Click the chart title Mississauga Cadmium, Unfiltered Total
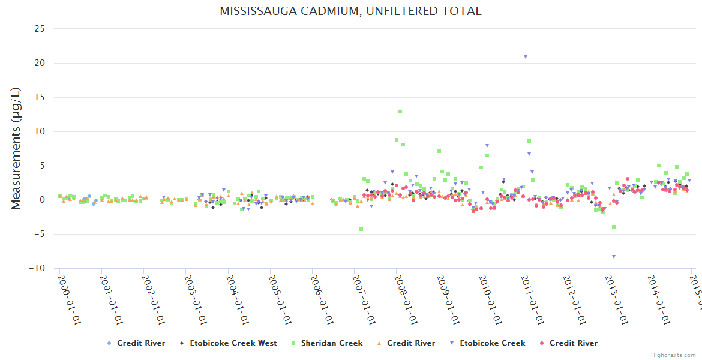coord(350,11)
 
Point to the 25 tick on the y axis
coord(40,29)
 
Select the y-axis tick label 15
coord(40,97)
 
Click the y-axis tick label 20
coord(40,63)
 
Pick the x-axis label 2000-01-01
coord(69,299)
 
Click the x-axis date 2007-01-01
coord(364,299)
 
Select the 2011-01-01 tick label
coord(533,299)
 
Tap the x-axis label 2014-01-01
coord(659,299)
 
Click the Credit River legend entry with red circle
coord(568,343)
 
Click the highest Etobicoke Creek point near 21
coord(526,57)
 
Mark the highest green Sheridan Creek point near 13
coord(400,112)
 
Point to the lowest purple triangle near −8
coord(614,256)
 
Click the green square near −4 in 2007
coord(361,229)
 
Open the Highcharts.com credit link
coord(673,355)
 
